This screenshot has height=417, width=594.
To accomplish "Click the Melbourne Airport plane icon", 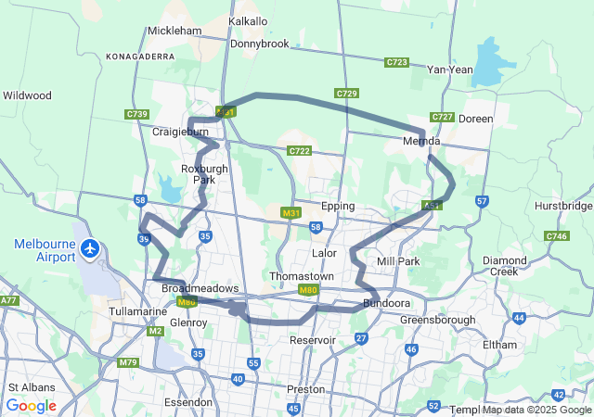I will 90,248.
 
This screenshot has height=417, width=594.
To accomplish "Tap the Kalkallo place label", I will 248,21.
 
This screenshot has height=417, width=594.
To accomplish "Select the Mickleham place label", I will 174,31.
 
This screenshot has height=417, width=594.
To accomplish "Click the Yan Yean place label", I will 449,69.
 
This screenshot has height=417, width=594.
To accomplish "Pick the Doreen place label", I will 476,119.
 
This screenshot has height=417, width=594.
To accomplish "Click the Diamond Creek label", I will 504,266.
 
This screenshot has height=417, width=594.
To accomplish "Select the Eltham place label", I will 499,345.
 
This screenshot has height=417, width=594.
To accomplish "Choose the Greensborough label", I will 437,320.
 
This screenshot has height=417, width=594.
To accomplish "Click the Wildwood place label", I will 27,95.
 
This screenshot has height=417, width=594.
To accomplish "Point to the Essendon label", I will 188,403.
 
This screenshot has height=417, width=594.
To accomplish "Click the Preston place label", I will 305,389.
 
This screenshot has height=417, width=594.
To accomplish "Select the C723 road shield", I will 397,62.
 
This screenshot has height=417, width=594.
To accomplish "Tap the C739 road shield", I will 136,114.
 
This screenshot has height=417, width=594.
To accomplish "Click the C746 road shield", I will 556,236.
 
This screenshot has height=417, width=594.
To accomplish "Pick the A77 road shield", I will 9,300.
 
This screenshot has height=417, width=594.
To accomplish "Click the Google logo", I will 32,406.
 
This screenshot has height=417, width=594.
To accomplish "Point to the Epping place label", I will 338,206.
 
